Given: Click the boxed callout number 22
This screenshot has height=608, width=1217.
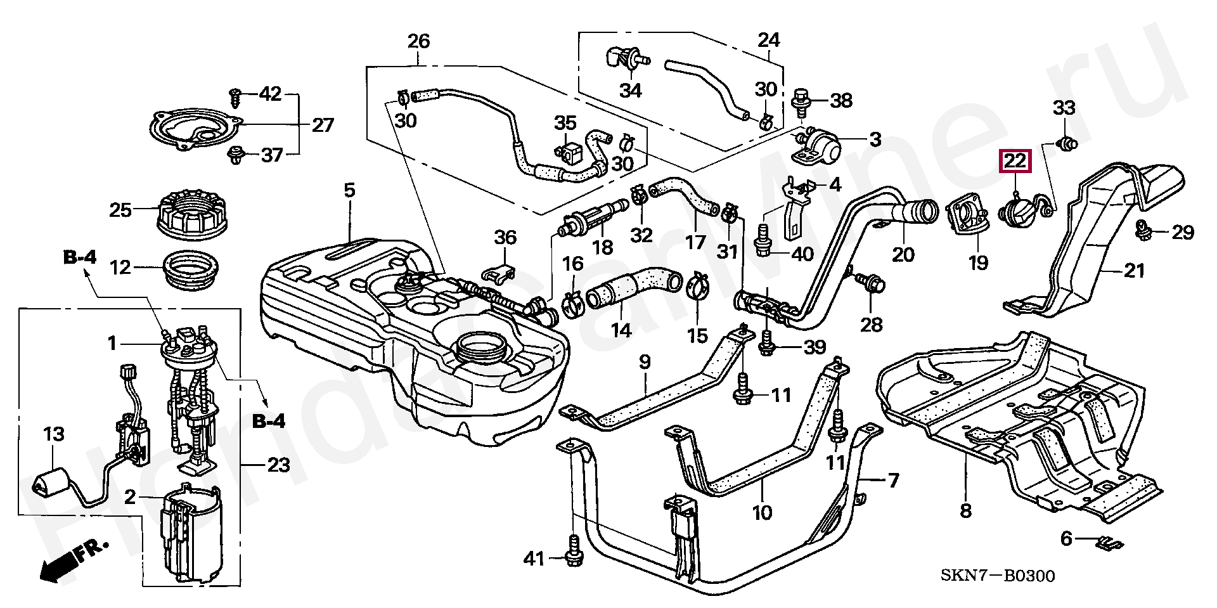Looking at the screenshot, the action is (1015, 162).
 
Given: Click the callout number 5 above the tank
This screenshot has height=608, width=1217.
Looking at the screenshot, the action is (350, 190).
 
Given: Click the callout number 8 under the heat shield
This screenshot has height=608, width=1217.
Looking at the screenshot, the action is (965, 511).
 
